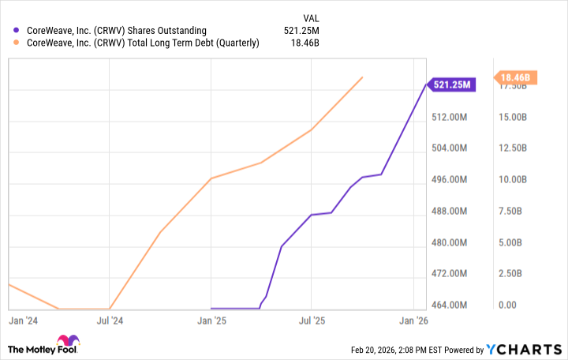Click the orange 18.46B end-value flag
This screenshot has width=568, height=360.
pos(517,77)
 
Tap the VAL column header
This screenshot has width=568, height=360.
pos(312,17)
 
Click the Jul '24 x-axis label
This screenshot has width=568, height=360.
pos(110,321)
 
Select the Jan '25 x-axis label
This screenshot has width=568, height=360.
pos(211,321)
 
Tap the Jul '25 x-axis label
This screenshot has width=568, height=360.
pos(312,321)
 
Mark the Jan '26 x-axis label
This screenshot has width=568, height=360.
pos(413,321)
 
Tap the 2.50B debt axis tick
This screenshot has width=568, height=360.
pos(514,273)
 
